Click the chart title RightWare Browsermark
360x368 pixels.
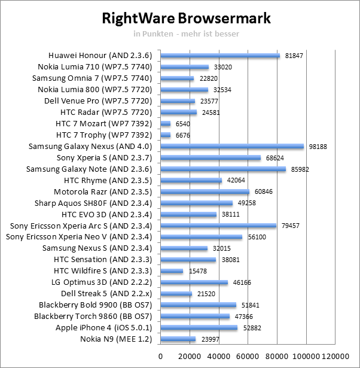187,18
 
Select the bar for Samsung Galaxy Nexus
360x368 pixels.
232,147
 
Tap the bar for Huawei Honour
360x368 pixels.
220,56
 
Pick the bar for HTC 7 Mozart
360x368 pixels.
166,124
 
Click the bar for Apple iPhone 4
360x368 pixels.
199,328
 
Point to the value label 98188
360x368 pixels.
318,147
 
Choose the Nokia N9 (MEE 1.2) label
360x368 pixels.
116,339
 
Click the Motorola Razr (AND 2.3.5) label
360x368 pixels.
103,192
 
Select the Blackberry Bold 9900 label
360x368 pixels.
95,305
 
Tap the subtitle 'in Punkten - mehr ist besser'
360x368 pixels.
186,34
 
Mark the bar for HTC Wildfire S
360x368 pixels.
172,271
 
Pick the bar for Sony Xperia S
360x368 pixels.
210,158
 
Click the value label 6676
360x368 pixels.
183,135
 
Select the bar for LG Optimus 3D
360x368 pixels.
194,282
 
